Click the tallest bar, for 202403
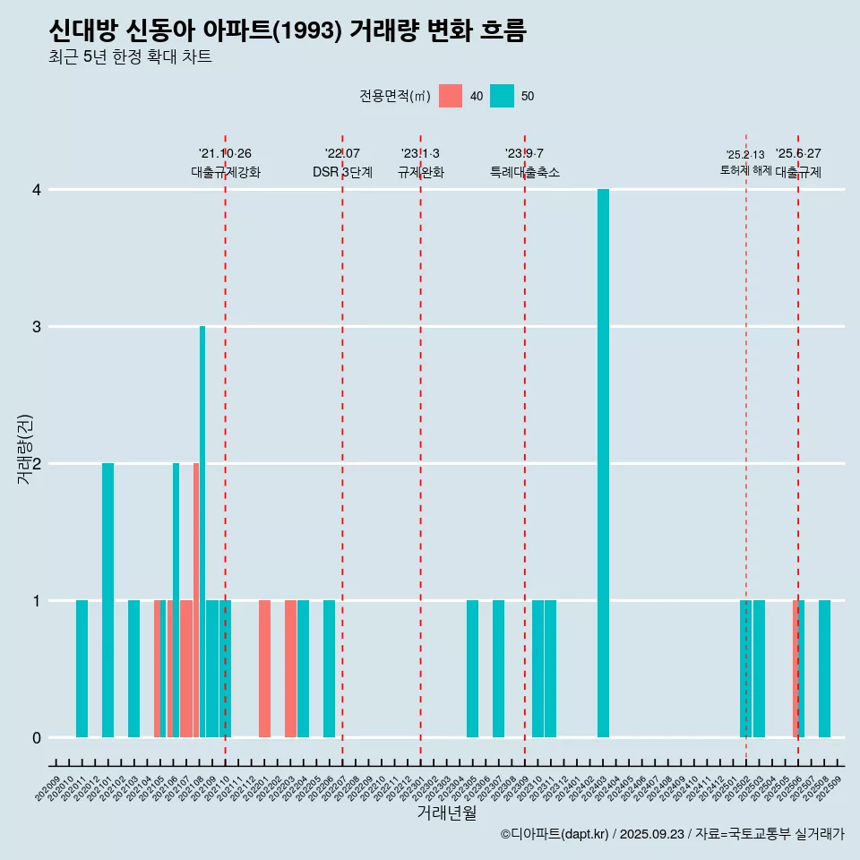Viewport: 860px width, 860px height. click(x=603, y=463)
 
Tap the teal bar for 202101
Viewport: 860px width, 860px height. click(x=107, y=600)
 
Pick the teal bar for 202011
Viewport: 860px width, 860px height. click(x=82, y=668)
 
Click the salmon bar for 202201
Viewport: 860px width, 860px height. click(x=264, y=668)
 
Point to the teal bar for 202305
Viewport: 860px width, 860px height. click(x=472, y=668)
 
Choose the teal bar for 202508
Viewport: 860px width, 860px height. click(x=824, y=668)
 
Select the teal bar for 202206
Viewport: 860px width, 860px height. click(x=329, y=668)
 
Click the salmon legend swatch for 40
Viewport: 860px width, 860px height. click(x=451, y=96)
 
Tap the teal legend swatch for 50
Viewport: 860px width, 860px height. click(x=503, y=96)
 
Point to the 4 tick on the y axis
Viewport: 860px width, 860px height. click(x=37, y=190)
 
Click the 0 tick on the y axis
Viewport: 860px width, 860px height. click(x=37, y=737)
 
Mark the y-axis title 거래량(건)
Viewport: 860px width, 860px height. click(x=25, y=448)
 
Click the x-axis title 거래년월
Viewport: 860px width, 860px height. click(x=446, y=813)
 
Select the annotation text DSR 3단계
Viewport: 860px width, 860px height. click(x=342, y=172)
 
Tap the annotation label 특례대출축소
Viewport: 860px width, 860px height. click(x=524, y=172)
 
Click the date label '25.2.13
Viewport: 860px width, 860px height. click(x=745, y=155)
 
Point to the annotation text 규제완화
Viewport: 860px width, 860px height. click(x=420, y=172)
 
